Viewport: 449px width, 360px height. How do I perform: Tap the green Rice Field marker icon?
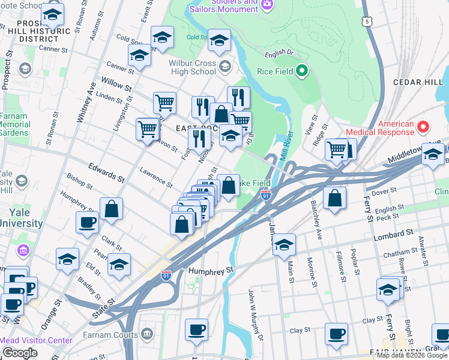coord(303,72)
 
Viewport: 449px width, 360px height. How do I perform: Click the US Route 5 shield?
coord(367,21)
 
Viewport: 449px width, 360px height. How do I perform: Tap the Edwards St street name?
coord(106,172)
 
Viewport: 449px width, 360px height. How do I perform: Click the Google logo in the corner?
coord(20,352)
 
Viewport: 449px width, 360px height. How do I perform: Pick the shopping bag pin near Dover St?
coord(334,198)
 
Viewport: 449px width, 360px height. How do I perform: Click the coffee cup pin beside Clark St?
coord(88,222)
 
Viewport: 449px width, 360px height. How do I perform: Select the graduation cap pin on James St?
coord(284,244)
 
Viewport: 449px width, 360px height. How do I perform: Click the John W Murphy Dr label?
coord(256,315)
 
